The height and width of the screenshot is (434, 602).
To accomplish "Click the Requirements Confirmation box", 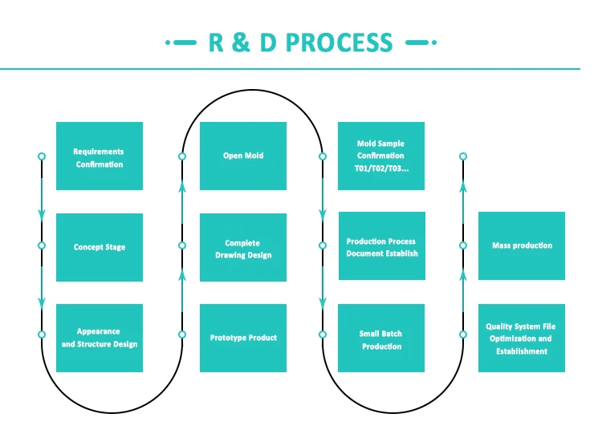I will [100, 156].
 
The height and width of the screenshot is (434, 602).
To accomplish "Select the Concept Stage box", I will [100, 247].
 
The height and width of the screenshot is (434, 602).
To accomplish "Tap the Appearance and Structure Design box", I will [100, 338].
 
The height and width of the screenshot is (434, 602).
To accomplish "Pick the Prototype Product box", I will [243, 338].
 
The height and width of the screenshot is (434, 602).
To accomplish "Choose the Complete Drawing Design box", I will [243, 248].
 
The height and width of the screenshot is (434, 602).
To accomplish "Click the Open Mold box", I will [243, 156].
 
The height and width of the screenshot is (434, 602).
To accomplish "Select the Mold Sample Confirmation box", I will [381, 156].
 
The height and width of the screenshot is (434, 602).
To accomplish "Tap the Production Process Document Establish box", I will [381, 246].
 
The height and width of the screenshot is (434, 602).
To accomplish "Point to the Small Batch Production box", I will [381, 339].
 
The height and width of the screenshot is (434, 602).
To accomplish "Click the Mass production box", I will [522, 245].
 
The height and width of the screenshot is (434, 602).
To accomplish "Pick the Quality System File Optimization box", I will [522, 338].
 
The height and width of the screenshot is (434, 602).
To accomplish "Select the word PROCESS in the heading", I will [340, 43].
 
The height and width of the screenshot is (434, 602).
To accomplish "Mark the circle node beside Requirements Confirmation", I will [42, 156].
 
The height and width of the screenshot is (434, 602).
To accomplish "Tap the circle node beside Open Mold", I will [182, 156].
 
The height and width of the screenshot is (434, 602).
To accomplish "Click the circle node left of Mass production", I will [463, 245].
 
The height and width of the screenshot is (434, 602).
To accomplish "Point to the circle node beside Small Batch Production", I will [323, 334].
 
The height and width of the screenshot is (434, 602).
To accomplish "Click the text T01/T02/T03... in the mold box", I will [381, 168].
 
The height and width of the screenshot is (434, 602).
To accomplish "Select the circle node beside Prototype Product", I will [182, 334].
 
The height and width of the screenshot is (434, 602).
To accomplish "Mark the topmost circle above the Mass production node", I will [463, 156].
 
